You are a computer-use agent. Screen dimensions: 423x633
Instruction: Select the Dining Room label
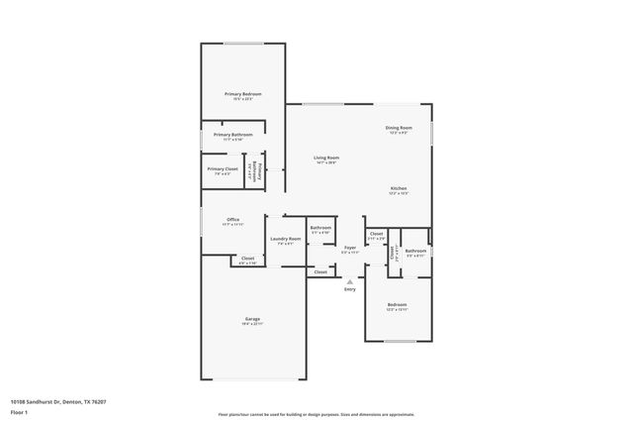pos(399,128)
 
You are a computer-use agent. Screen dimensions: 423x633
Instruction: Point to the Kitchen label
pos(399,188)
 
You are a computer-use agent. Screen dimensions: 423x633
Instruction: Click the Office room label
pos(232,219)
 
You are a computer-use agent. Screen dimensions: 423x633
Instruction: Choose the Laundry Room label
pos(285,238)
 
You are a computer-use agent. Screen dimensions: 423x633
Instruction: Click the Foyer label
pos(349,248)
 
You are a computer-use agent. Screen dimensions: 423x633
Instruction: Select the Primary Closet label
pos(223,169)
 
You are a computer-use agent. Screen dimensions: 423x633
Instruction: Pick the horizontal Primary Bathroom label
pos(233,135)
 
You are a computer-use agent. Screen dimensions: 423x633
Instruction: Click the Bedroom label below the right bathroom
pos(397,304)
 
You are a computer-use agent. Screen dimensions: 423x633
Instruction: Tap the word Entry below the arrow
pos(349,289)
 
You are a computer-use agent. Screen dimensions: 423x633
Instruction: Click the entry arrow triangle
pos(349,280)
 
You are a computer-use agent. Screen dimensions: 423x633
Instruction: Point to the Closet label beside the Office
pos(246,259)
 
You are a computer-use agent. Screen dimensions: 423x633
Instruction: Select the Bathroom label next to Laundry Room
pos(319,228)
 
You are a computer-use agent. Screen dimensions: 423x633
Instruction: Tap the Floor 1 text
pos(19,412)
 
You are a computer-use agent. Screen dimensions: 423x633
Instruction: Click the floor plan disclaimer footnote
pos(316,413)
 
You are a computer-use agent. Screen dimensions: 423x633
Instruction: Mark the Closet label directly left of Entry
pos(320,269)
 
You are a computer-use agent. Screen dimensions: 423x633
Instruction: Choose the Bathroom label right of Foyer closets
pos(415,251)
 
